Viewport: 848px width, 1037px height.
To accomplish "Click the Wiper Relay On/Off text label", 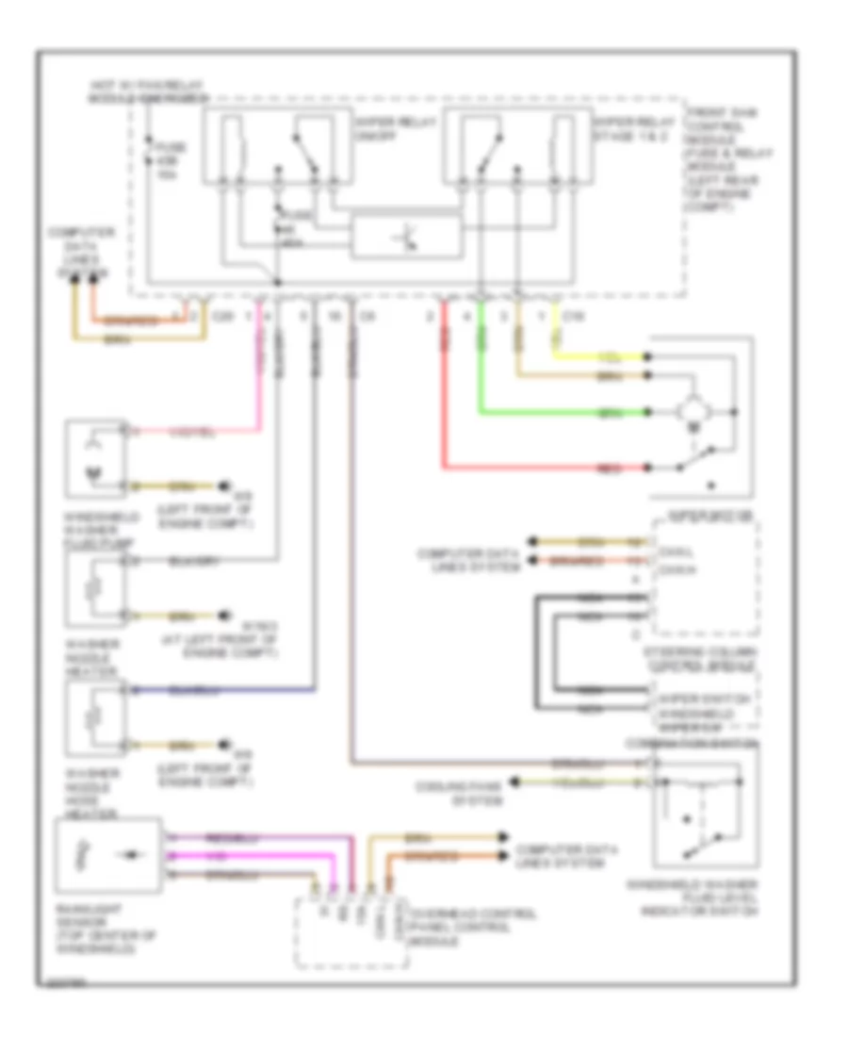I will [375, 130].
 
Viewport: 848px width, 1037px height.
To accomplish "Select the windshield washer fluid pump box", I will [96, 458].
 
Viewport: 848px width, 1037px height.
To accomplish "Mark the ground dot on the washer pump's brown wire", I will [225, 486].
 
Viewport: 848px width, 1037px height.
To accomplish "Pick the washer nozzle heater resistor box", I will [96, 589].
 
